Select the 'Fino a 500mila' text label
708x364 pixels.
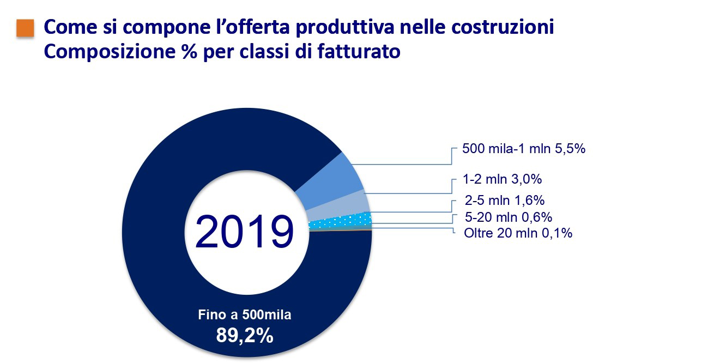[245, 315]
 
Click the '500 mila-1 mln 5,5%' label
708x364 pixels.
[523, 148]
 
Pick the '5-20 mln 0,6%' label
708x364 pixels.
[507, 217]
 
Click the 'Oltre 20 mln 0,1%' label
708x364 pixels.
[517, 233]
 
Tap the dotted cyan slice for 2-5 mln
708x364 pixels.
[341, 221]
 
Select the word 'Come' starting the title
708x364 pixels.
[68, 27]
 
